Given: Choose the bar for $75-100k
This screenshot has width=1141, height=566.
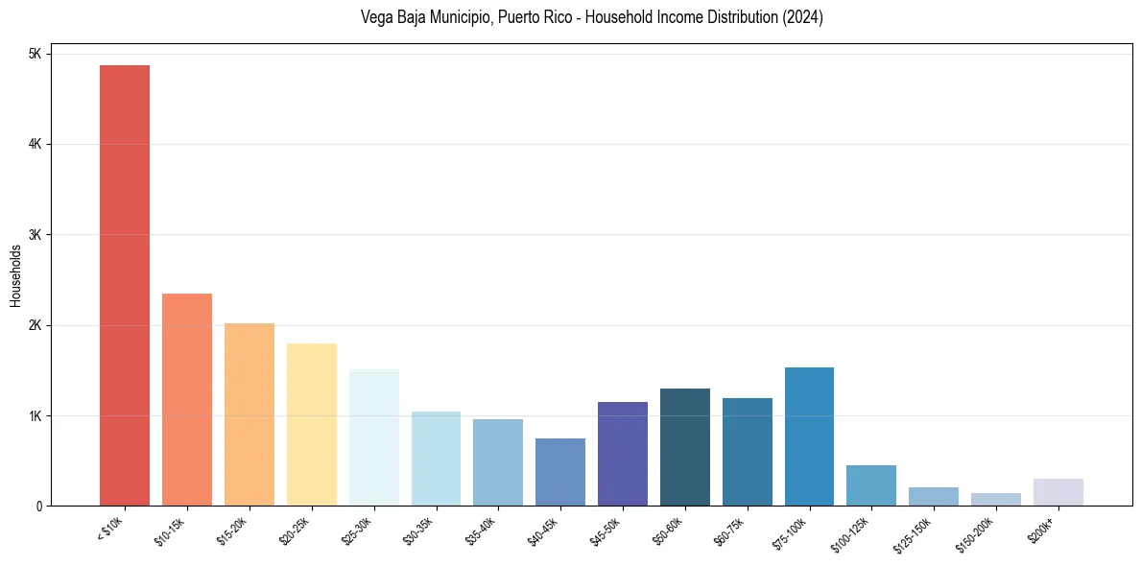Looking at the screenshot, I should [809, 436].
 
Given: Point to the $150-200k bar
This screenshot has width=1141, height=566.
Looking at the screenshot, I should [996, 499].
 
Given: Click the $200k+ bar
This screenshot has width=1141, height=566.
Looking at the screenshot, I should [1058, 492].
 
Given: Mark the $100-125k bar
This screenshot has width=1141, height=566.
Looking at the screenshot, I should [871, 485].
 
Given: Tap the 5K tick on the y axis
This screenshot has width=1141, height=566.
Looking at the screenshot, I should [35, 54].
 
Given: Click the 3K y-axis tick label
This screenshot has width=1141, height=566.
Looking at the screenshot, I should [35, 235].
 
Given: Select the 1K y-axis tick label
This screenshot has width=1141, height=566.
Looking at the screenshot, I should [35, 415].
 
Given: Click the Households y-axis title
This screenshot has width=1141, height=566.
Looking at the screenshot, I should [15, 275].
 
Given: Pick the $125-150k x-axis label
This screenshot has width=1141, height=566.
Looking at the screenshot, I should [916, 533].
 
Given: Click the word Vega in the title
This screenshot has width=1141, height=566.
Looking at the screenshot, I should [375, 17].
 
